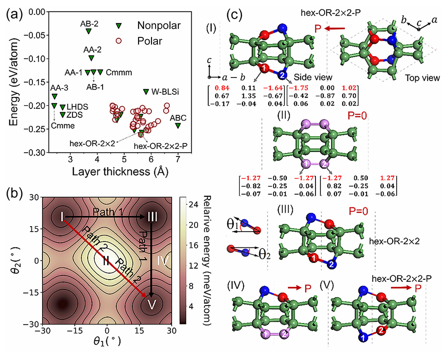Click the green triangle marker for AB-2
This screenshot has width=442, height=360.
click(x=89, y=31)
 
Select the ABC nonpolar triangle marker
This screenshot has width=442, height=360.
click(x=178, y=126)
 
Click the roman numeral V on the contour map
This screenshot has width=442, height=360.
click(x=151, y=304)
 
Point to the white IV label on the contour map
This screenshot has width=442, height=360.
click(x=159, y=261)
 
